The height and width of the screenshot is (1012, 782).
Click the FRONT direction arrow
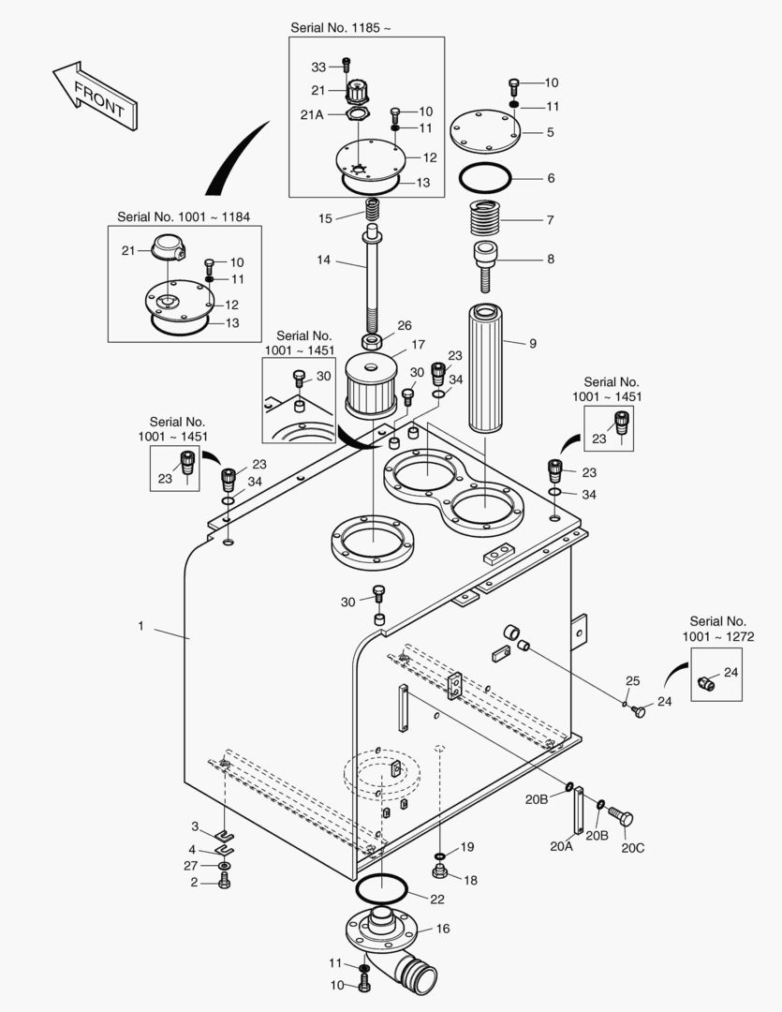tap(95, 95)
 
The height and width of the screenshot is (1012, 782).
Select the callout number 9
tap(533, 344)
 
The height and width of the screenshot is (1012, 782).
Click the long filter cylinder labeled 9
tap(486, 369)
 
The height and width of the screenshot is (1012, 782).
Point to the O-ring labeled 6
tap(484, 177)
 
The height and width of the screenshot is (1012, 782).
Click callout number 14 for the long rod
tap(323, 260)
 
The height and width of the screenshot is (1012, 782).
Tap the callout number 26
tap(404, 326)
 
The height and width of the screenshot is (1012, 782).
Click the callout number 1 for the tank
tap(141, 625)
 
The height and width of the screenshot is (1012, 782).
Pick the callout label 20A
tap(561, 845)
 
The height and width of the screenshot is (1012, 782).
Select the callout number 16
tap(442, 929)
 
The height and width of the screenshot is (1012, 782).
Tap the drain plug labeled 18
tap(440, 873)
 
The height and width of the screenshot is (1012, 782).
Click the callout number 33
tap(318, 67)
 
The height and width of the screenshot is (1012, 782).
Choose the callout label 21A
tap(313, 113)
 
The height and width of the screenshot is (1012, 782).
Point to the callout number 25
tap(633, 680)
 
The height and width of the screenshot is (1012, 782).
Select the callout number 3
tap(195, 826)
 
